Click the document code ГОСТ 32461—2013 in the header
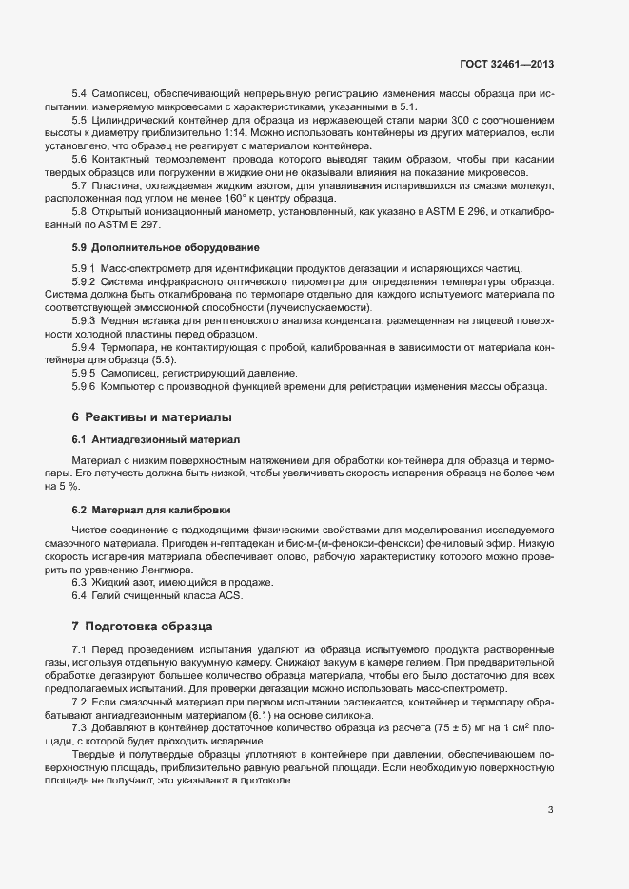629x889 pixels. click(505, 64)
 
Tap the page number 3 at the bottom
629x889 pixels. click(550, 810)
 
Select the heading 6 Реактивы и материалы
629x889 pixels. click(152, 417)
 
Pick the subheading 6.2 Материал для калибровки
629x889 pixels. click(150, 510)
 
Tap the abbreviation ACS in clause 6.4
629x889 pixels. click(231, 595)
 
